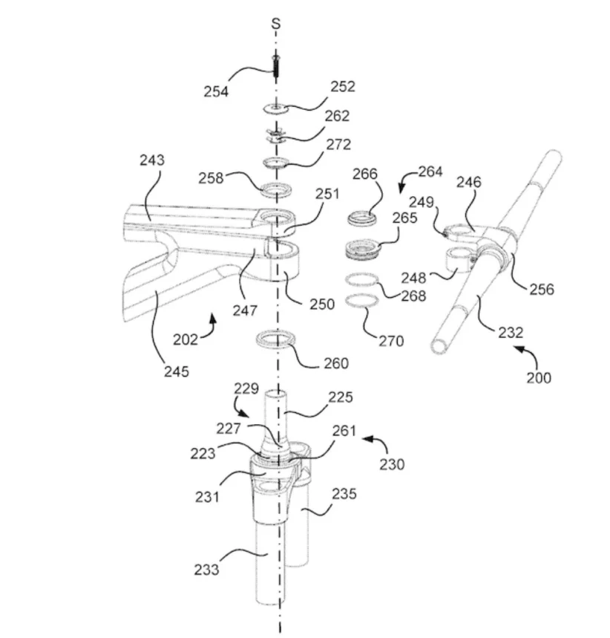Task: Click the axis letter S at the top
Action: (276, 24)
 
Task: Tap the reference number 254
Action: (216, 91)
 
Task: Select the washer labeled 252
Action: (276, 108)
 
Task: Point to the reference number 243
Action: (153, 160)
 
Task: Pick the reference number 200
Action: (539, 377)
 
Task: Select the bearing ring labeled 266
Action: (362, 218)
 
